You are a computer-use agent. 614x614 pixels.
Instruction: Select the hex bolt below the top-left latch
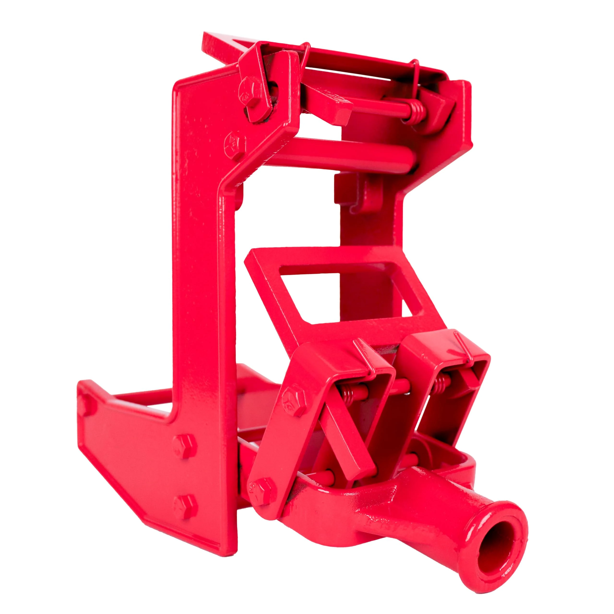pyautogui.click(x=235, y=143)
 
